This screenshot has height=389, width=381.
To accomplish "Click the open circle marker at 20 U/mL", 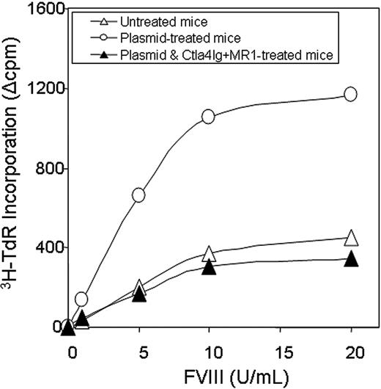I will point(350,94).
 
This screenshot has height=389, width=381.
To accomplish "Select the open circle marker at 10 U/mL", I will point(208,117).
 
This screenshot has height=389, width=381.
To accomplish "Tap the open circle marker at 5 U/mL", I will point(138,194).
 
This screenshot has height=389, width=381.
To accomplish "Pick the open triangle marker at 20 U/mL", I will point(351,237).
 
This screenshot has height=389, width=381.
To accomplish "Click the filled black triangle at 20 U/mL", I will point(351,258).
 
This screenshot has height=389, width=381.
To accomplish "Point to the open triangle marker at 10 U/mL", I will point(208,253).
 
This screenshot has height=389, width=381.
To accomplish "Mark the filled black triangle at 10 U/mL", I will point(208,267).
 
